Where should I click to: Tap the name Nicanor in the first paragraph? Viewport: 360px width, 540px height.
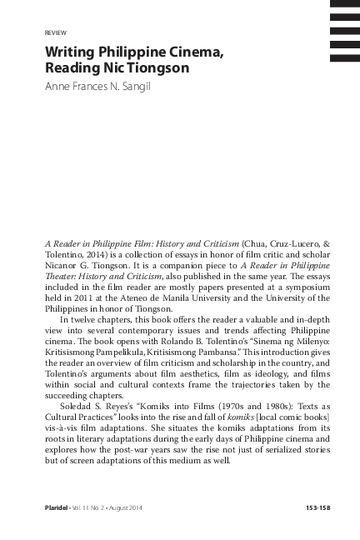[x=62, y=264]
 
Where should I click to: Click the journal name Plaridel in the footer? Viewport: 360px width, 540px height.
[x=57, y=507]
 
